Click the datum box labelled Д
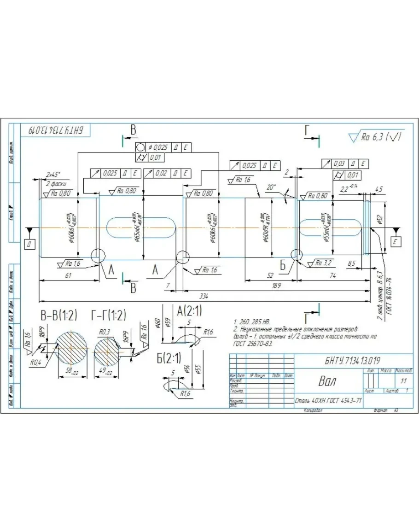[x=29, y=244]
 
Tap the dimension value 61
[x=68, y=275]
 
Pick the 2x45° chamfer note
[x=53, y=175]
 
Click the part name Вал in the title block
[x=328, y=381]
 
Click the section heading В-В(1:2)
[x=58, y=316]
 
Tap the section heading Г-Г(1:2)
[x=109, y=316]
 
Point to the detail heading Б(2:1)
[x=169, y=358]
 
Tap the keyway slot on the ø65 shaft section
[x=141, y=228]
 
